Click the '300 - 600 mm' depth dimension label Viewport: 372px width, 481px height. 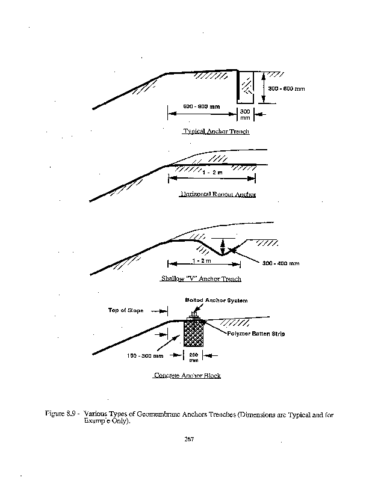pyautogui.click(x=287, y=88)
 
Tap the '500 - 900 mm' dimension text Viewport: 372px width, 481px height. pyautogui.click(x=201, y=106)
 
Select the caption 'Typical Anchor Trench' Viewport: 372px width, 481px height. pyautogui.click(x=216, y=131)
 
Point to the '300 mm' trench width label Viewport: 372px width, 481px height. pyautogui.click(x=246, y=115)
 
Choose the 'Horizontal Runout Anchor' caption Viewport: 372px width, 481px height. pyautogui.click(x=218, y=195)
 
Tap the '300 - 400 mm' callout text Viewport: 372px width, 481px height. pyautogui.click(x=281, y=263)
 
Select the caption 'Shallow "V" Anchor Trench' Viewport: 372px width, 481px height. pyautogui.click(x=201, y=279)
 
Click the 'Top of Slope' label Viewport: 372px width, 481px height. pyautogui.click(x=126, y=310)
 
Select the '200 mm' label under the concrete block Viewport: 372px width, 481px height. pyautogui.click(x=194, y=357)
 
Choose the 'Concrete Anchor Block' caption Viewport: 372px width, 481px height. pyautogui.click(x=187, y=376)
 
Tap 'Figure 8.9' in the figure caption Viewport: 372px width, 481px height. pyautogui.click(x=60, y=414)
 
